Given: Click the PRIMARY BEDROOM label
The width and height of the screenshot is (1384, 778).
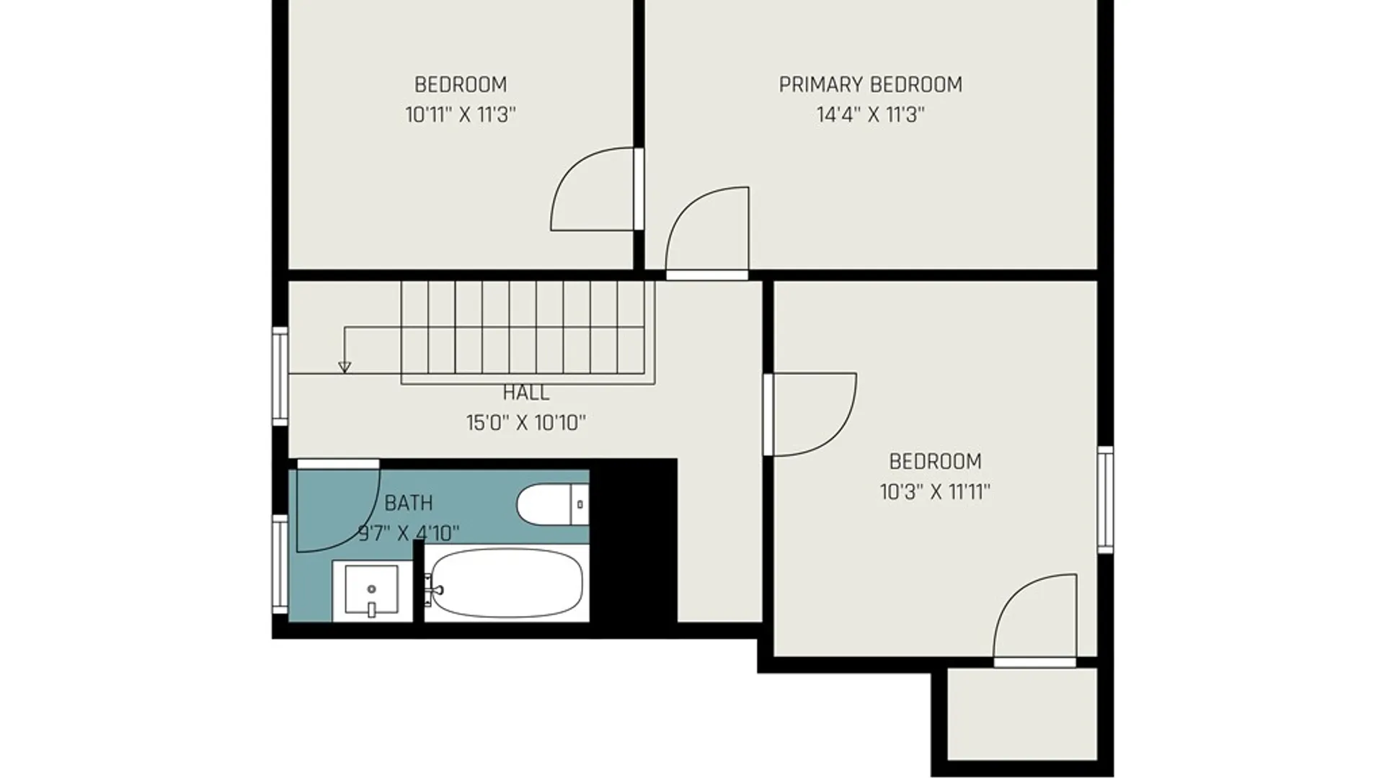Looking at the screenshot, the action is click(x=870, y=85).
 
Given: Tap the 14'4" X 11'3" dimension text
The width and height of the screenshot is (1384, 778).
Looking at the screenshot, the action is click(x=870, y=115).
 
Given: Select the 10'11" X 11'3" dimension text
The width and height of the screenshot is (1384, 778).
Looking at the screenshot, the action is click(x=461, y=115).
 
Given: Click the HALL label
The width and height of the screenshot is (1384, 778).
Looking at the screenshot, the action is click(x=525, y=393).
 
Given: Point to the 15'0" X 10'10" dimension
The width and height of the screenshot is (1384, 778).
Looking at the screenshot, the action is click(x=525, y=423).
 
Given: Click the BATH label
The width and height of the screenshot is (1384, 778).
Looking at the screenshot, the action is click(x=409, y=503).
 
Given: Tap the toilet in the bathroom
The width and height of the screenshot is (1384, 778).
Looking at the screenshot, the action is click(x=553, y=504).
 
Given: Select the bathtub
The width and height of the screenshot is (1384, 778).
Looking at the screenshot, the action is click(x=506, y=583).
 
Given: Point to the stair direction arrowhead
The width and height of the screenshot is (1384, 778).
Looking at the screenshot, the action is click(x=345, y=367).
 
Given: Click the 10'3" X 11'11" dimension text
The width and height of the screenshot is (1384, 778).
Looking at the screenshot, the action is click(x=935, y=492).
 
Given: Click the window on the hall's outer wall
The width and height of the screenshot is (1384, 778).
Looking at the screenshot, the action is click(x=280, y=376).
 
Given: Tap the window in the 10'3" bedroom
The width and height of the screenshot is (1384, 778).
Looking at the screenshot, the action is click(x=1105, y=500).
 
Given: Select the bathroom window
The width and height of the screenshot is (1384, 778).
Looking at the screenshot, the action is click(x=280, y=564).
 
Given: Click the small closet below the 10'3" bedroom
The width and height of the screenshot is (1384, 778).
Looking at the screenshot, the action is click(x=1022, y=714).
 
